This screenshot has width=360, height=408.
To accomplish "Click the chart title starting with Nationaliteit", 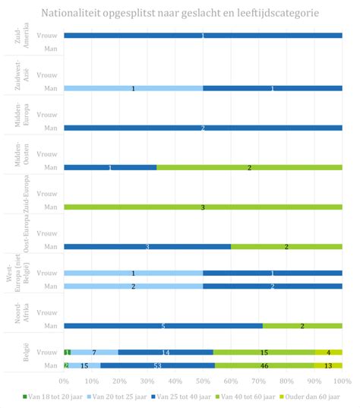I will [x=180, y=13].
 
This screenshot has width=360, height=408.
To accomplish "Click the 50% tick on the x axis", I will [x=203, y=379].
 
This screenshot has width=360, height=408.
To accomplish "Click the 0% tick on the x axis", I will [x=65, y=379].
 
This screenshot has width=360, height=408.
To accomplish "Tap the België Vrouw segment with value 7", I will [x=95, y=352].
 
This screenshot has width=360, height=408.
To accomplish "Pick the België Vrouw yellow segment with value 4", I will [x=329, y=352].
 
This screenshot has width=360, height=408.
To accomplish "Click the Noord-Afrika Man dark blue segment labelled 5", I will [x=163, y=326].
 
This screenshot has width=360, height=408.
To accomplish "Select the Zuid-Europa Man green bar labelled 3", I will [x=203, y=207].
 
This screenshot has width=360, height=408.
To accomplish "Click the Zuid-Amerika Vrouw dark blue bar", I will [x=203, y=36].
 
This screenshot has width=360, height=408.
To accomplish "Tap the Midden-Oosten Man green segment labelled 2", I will [x=249, y=167].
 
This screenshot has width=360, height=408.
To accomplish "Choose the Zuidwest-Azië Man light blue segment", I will [x=134, y=88].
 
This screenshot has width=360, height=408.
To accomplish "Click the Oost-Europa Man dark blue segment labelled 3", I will [x=147, y=246].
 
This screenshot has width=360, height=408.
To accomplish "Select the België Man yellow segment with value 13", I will [x=327, y=365].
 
